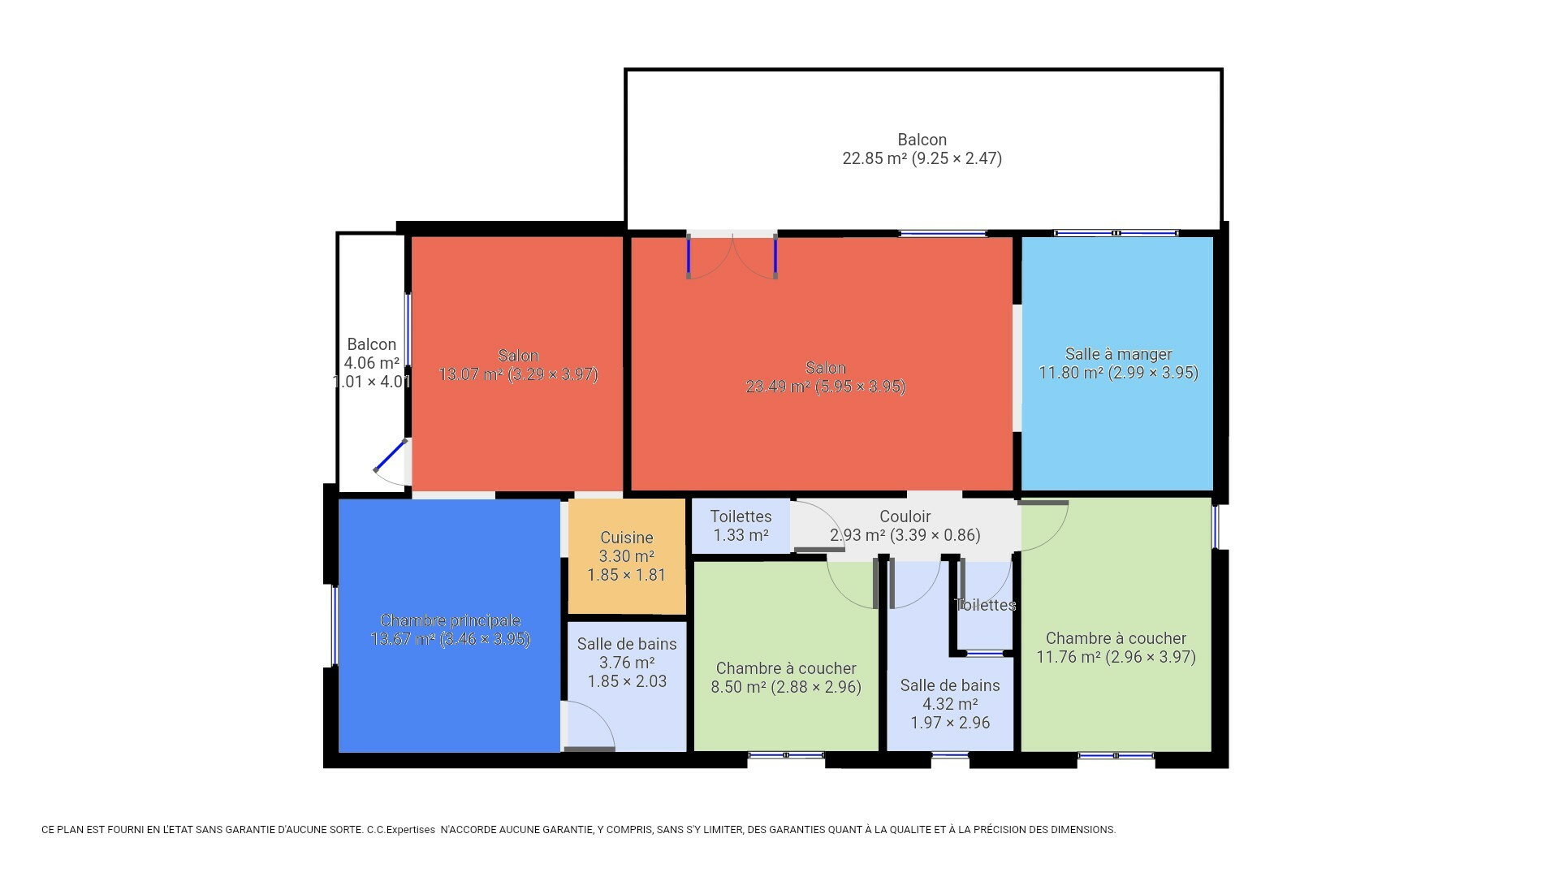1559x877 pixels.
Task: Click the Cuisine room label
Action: click(x=627, y=538)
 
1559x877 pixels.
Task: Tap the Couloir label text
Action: click(x=905, y=516)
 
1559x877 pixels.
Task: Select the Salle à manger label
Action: click(x=1118, y=354)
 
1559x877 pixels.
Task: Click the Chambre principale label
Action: click(x=450, y=621)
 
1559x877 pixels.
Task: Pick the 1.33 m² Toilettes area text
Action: click(x=741, y=535)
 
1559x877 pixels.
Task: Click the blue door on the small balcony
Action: click(x=391, y=456)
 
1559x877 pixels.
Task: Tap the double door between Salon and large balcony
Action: click(x=732, y=257)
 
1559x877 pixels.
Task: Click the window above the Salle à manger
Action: click(x=1116, y=233)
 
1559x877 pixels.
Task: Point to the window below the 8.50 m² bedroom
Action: click(x=786, y=755)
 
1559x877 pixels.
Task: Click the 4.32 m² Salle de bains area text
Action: click(x=950, y=704)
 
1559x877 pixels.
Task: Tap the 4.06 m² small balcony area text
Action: click(x=372, y=363)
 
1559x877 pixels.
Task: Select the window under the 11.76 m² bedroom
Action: click(x=1116, y=755)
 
